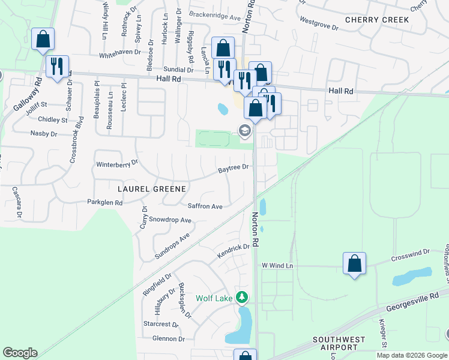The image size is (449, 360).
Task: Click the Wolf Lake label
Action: [214, 298]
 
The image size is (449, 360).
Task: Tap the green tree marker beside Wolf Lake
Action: [241, 297]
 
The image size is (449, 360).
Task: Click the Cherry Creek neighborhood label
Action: [377, 20]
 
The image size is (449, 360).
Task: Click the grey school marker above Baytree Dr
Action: [244, 130]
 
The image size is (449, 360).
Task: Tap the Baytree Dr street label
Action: [233, 168]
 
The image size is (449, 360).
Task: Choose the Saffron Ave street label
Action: [205, 206]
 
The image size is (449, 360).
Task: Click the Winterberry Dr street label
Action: [117, 163]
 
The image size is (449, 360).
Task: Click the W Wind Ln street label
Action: [277, 265]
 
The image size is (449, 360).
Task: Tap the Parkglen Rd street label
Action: [104, 203]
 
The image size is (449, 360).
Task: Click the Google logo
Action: [20, 353]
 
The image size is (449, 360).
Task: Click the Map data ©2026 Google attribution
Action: [412, 355]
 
